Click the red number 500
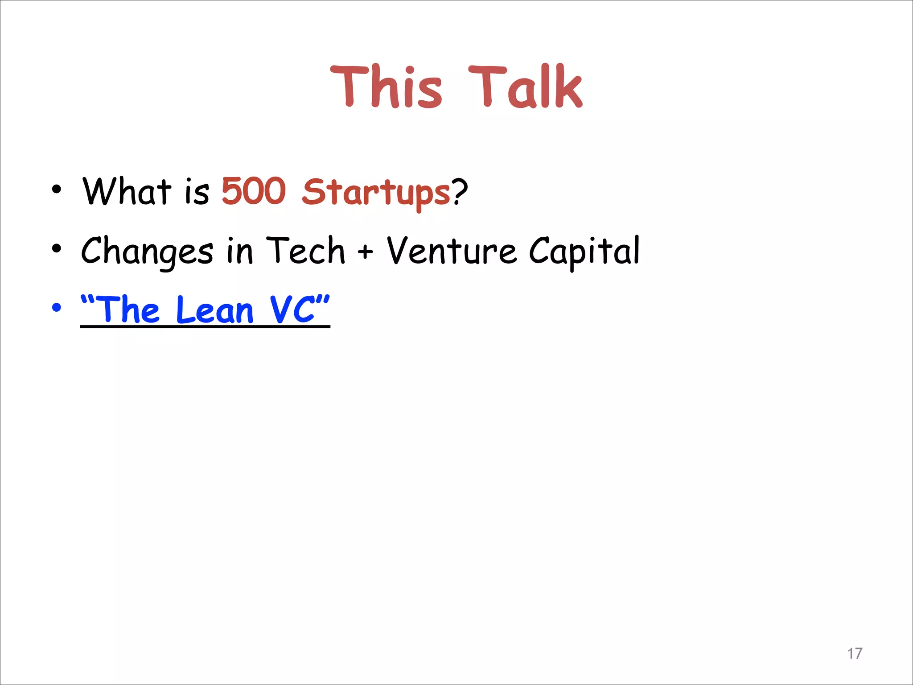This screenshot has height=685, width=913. click(254, 191)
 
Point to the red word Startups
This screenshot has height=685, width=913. click(376, 193)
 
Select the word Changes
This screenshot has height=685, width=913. click(147, 252)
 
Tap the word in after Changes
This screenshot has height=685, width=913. click(240, 251)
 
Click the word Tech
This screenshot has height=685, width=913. click(305, 251)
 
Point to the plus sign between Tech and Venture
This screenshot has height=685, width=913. click(365, 252)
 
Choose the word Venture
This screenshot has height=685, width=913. click(452, 251)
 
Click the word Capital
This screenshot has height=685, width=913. click(584, 252)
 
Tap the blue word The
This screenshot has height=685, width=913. click(127, 309)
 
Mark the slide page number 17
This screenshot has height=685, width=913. click(855, 653)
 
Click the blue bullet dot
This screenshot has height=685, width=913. click(56, 308)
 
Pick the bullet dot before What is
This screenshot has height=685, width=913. click(56, 189)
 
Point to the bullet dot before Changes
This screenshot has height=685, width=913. click(56, 248)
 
